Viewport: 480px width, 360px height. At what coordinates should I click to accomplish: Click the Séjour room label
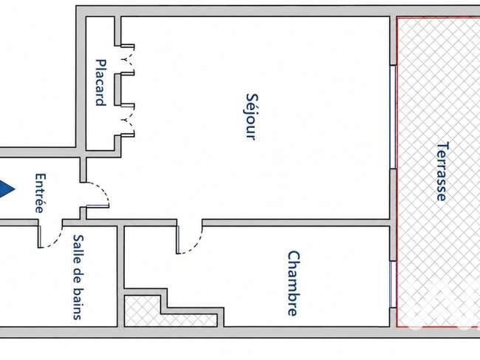click(252, 117)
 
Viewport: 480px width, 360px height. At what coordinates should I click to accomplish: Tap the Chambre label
click(294, 283)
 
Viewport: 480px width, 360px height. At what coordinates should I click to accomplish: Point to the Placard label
click(101, 83)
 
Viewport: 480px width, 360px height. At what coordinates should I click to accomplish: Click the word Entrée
click(41, 194)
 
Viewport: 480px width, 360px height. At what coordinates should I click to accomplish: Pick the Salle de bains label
click(78, 277)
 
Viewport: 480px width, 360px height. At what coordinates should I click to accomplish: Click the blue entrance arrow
click(7, 189)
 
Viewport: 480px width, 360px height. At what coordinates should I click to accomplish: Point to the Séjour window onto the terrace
click(393, 117)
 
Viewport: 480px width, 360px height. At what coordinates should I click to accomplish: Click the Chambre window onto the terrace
click(393, 285)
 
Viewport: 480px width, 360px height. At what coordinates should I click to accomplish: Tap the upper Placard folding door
click(128, 60)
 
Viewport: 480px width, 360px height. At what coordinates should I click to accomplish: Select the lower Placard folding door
click(128, 120)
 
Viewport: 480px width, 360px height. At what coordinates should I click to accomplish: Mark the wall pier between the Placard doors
click(118, 89)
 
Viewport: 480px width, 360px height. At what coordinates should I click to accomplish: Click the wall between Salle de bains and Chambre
click(120, 276)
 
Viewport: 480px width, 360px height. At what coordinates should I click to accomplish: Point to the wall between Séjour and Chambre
click(296, 223)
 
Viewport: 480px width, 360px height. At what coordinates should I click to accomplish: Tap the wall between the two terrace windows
click(393, 215)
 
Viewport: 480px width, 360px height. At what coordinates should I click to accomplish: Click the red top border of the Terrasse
click(439, 18)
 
